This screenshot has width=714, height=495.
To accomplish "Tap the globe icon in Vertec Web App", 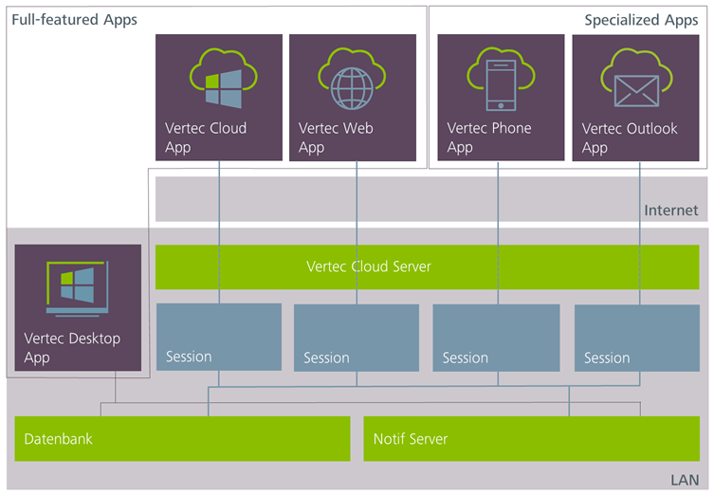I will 353,82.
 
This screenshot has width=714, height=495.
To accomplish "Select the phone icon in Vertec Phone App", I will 501,82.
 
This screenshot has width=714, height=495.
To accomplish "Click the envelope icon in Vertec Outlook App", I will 634,83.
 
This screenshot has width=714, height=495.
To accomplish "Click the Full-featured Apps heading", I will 74,20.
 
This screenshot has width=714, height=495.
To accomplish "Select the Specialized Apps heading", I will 641,20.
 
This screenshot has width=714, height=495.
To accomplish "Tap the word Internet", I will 670,211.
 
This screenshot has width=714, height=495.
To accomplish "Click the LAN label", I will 684,481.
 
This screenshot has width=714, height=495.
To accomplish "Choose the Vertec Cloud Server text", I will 369,266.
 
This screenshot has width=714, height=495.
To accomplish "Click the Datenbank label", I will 59,439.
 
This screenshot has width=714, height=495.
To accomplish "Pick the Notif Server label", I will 410,439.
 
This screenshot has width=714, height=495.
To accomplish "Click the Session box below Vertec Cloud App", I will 219,337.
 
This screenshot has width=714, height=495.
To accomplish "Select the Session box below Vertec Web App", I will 357,338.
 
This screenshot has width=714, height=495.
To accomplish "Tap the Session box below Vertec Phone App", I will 495,338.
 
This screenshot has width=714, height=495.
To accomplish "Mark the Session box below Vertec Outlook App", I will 636,338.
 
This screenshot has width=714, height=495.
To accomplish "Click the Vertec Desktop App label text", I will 72,348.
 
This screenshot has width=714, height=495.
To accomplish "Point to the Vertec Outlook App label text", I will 630,138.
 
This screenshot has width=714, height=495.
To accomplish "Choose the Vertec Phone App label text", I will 489,137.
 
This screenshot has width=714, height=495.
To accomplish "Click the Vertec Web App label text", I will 339,137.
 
